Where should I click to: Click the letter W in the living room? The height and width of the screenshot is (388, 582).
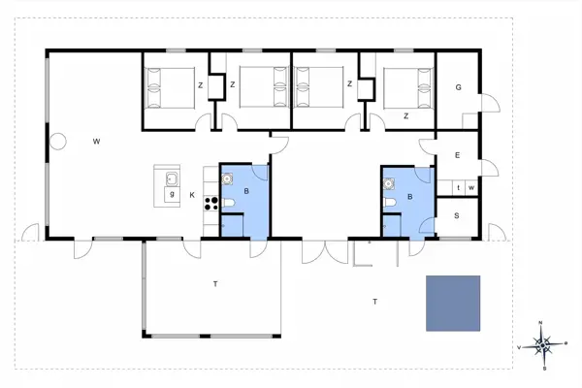coord(97,142)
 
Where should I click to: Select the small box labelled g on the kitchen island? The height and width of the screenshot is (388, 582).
coord(172,194)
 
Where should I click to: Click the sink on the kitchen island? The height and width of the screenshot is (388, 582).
coord(171,178)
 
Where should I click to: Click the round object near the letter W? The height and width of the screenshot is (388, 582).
coord(57,141)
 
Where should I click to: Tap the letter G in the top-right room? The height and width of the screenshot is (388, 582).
coord(457,88)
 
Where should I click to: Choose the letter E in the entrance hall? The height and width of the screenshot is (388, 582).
coord(457,156)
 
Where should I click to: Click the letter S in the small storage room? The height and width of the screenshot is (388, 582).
coord(457,215)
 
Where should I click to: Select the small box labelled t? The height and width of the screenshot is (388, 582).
coord(457,187)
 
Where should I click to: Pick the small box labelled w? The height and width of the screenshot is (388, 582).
coord(470,187)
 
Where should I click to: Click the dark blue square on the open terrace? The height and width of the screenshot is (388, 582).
coord(453,303)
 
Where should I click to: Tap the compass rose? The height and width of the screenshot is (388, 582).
coord(543,344)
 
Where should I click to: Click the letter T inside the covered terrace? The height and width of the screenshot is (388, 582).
coord(215,283)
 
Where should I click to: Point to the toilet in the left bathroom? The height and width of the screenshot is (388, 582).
coord(229,202)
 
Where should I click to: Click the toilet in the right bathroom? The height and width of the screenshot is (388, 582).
coord(389,202)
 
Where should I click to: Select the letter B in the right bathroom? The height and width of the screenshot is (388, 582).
coord(410,197)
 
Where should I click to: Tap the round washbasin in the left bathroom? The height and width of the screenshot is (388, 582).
coord(229,178)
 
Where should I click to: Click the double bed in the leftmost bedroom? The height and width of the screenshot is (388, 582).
coord(170,88)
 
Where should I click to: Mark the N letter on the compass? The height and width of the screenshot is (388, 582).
coord(542,323)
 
